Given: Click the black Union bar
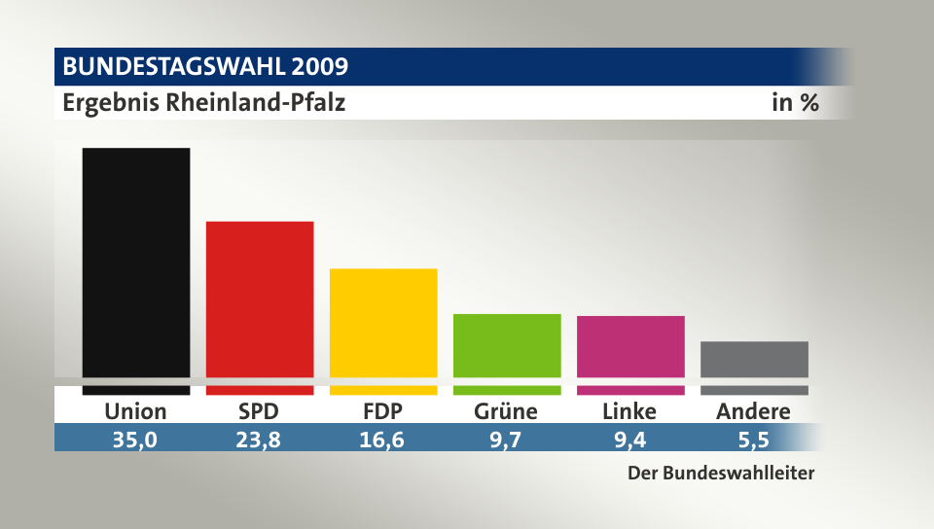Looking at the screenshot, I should tap(135, 263).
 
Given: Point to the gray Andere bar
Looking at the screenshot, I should tap(754, 359).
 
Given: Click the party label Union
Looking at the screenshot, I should tap(135, 411).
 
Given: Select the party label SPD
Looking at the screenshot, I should tap(259, 411).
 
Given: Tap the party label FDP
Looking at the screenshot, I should tap(383, 411).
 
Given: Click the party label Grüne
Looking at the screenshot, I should tap(506, 411).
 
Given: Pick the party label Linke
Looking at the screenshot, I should tap(629, 411).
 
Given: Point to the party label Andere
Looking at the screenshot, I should tap(753, 411).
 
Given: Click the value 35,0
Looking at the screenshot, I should tap(135, 439).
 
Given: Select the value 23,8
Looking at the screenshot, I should tap(259, 439).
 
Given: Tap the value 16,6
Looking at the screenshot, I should tap(383, 439).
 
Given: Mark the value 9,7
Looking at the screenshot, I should tap(506, 439).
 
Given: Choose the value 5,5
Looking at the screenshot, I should tap(753, 439).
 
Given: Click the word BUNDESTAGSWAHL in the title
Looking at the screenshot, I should tap(172, 67).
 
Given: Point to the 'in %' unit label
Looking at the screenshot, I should tap(795, 102).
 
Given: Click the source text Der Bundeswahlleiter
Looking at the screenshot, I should tap(719, 475).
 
